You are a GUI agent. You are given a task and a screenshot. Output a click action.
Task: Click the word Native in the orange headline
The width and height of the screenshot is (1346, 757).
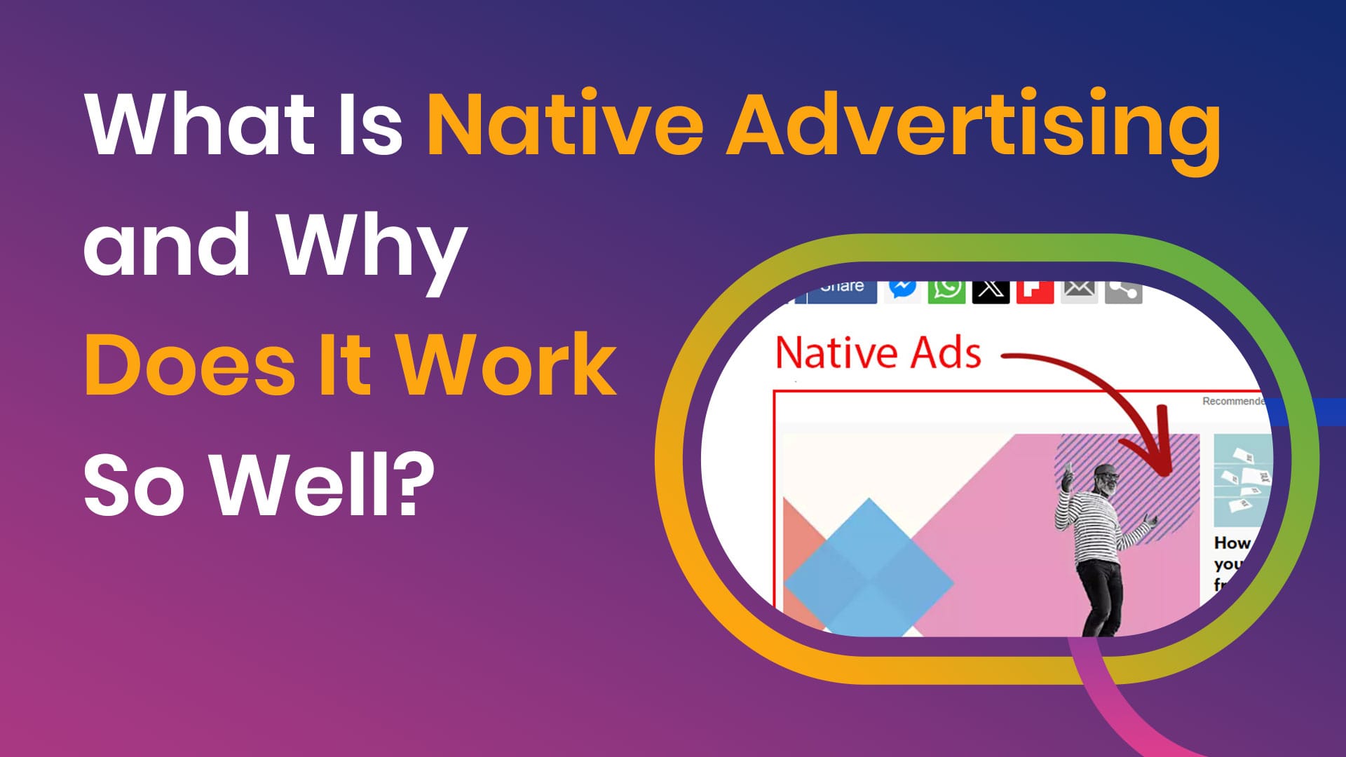coord(565,124)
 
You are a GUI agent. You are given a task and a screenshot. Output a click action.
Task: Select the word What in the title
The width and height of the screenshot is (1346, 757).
coord(200,124)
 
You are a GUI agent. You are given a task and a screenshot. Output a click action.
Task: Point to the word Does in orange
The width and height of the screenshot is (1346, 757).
coord(190,364)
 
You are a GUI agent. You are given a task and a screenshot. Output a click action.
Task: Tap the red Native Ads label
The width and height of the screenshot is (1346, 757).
coord(878,353)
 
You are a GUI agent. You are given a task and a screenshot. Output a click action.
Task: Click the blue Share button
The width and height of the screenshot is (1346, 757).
coord(841,289)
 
